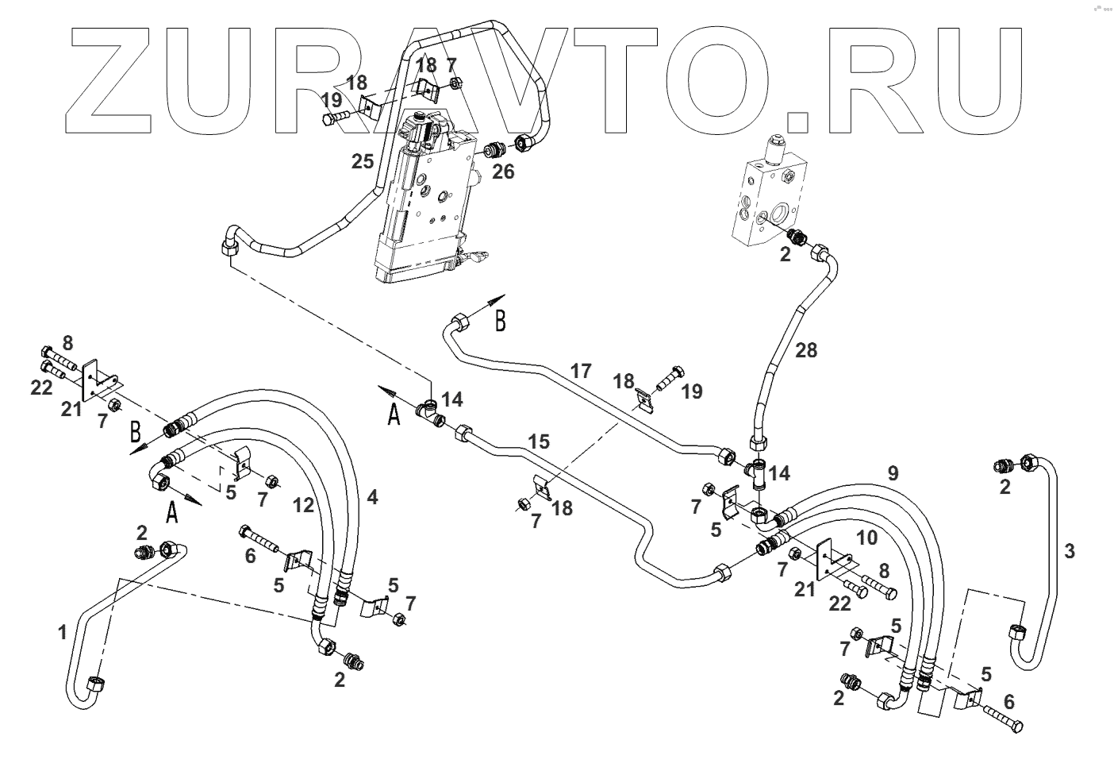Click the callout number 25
pos(363,161)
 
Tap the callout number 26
pos(503,172)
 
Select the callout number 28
pos(806,350)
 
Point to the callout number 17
pos(581,371)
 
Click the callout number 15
pos(539,441)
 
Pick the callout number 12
pos(303,506)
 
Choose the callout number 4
pos(372,497)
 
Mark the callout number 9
pos(893,473)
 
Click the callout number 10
pos(866,538)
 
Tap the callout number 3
pos(1070,551)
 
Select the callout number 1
pos(62,633)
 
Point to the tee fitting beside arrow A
pos(431,413)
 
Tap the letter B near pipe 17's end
pos(501,321)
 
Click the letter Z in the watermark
pos(108,80)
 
